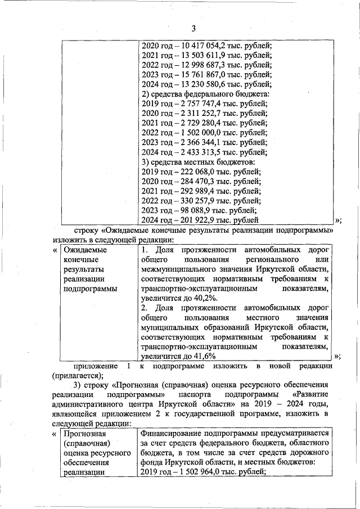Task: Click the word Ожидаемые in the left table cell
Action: pyautogui.click(x=84, y=249)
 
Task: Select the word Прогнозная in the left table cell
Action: pyautogui.click(x=85, y=434)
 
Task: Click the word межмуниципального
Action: pyautogui.click(x=179, y=268)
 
